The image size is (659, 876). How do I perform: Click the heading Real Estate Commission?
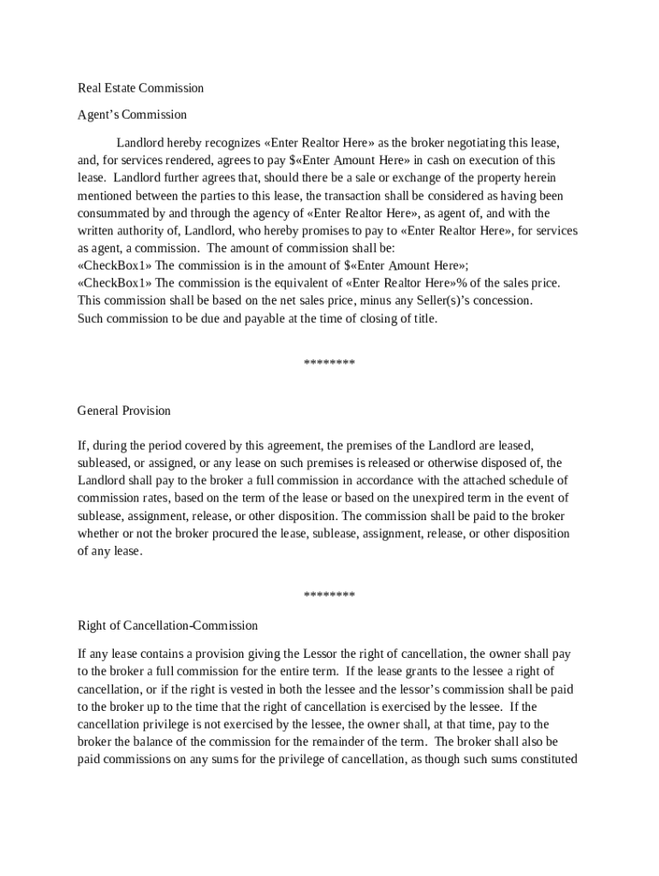point(140,88)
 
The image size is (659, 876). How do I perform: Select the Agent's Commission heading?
point(132,115)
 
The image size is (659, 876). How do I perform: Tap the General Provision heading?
point(124,411)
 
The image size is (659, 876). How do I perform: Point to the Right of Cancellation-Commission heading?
point(168,625)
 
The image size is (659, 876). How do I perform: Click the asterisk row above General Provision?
point(329,364)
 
